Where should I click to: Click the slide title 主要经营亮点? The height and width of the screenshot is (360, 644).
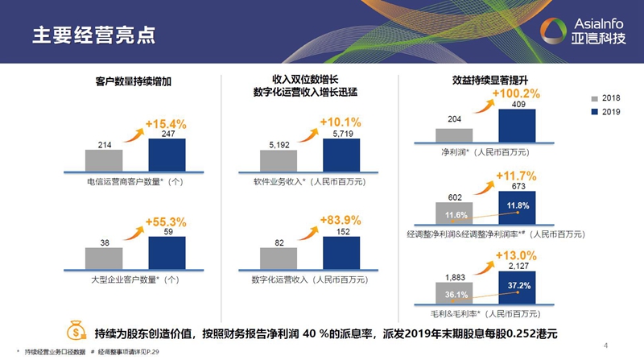[94, 35]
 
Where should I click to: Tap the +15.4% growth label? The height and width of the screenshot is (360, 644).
[166, 124]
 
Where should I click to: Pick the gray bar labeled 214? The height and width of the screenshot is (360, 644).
[104, 159]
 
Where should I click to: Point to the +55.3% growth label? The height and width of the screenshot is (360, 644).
[166, 221]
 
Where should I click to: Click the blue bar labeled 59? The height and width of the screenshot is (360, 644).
[167, 250]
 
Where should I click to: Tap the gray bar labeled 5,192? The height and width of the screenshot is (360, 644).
[279, 160]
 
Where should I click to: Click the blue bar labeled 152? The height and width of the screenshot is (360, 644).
[341, 250]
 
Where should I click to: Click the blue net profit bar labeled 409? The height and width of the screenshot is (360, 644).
[517, 126]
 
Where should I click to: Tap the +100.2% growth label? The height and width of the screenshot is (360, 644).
[516, 93]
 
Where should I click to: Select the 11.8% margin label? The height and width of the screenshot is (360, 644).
[517, 206]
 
